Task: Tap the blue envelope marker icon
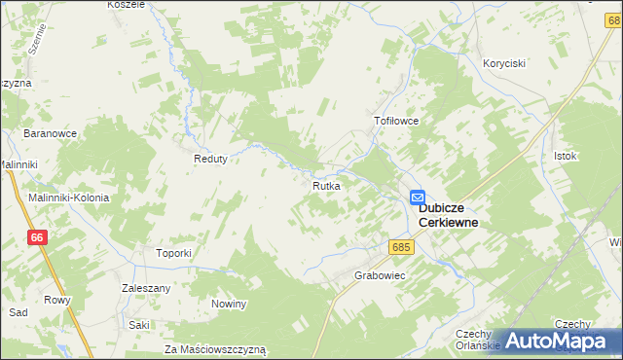coord(417,197)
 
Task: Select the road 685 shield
coord(402,247)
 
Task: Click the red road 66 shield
coord(37,237)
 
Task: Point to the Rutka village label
coord(326,185)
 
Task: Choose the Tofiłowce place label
coord(396,122)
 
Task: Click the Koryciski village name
coord(504,63)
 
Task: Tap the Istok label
coord(566,156)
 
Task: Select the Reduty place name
coord(210,160)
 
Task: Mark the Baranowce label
coord(51,132)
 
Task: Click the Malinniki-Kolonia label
coord(68,198)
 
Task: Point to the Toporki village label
coord(173,253)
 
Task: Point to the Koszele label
coord(127,5)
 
